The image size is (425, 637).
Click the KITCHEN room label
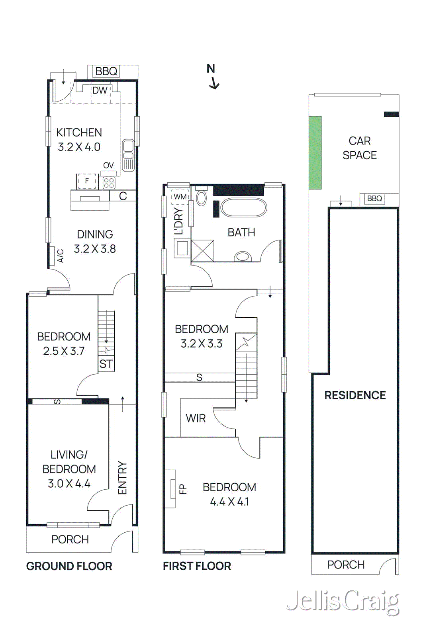click(79, 133)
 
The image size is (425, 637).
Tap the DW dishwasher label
click(100, 91)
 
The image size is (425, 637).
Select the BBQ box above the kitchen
click(106, 71)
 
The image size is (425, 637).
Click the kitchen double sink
click(128, 155)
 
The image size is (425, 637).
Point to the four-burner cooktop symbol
click(109, 183)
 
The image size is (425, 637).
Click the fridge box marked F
click(87, 181)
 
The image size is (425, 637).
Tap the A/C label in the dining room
click(61, 256)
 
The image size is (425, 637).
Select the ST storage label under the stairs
click(106, 364)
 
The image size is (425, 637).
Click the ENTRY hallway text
click(122, 478)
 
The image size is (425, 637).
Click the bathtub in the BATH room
click(243, 207)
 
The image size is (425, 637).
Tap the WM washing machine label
click(180, 197)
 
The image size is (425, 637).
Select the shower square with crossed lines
click(202, 250)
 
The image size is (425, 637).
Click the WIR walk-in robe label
click(196, 418)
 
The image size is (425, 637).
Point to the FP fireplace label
click(183, 488)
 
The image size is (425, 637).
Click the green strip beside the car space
click(315, 152)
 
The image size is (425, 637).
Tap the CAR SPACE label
click(359, 148)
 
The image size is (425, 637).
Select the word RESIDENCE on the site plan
click(355, 395)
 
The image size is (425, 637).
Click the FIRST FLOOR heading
click(197, 566)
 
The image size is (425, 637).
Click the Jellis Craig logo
click(343, 602)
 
